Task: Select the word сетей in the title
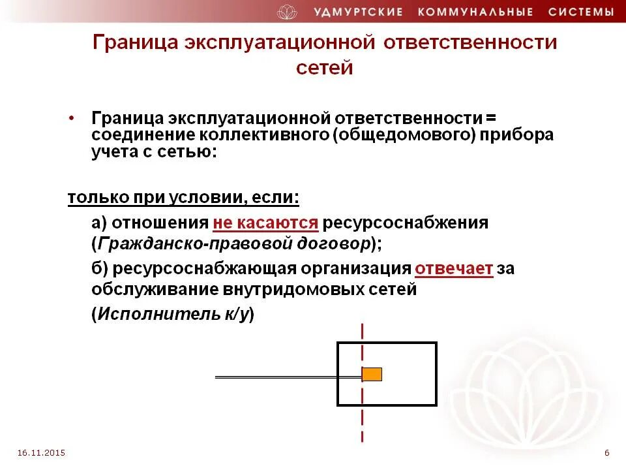point(324,68)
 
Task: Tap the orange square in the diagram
point(372,374)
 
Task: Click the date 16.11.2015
point(42,452)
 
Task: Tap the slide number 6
point(607,452)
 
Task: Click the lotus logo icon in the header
point(287,12)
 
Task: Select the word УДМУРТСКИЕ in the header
point(359,12)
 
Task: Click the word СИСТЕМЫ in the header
point(581,12)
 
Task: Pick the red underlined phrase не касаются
point(265,223)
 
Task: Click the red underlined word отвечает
point(454,269)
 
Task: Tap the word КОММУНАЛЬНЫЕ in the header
point(477,12)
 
